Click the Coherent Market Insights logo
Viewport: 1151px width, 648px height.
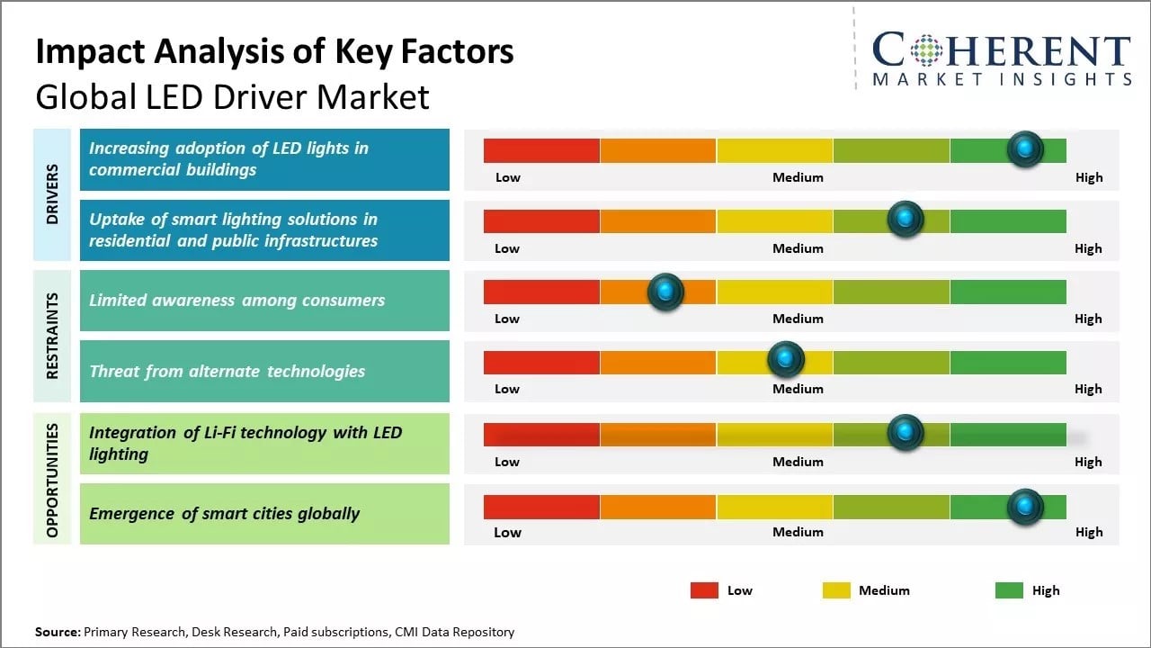click(x=1001, y=58)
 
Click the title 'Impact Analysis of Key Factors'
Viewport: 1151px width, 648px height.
click(x=274, y=52)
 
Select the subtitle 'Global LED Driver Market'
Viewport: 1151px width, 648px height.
click(x=232, y=96)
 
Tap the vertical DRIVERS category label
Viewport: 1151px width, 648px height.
click(x=52, y=193)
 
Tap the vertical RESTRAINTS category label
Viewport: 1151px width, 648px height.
click(x=52, y=336)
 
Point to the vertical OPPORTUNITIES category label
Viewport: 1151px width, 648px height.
click(x=52, y=480)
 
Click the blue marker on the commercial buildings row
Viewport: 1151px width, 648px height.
click(x=1024, y=149)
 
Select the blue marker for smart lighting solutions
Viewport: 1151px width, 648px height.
click(x=906, y=219)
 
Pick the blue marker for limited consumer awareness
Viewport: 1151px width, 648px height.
click(x=665, y=292)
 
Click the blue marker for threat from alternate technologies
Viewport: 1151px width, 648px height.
click(x=786, y=360)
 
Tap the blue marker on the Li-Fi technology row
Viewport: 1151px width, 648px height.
click(x=906, y=433)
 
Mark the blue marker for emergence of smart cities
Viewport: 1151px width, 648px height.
click(x=1024, y=507)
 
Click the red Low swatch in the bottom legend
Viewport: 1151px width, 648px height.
click(x=704, y=590)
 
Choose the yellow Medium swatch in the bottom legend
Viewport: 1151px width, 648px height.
click(x=836, y=590)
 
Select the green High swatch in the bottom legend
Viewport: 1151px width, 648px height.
click(x=1009, y=590)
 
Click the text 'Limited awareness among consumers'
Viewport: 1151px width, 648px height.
click(x=236, y=301)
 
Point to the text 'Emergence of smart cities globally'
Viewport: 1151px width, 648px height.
click(x=224, y=514)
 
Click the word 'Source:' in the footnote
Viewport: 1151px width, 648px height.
click(x=58, y=632)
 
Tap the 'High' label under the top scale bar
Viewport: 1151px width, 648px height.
click(x=1088, y=177)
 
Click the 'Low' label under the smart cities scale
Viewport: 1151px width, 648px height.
click(x=507, y=532)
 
